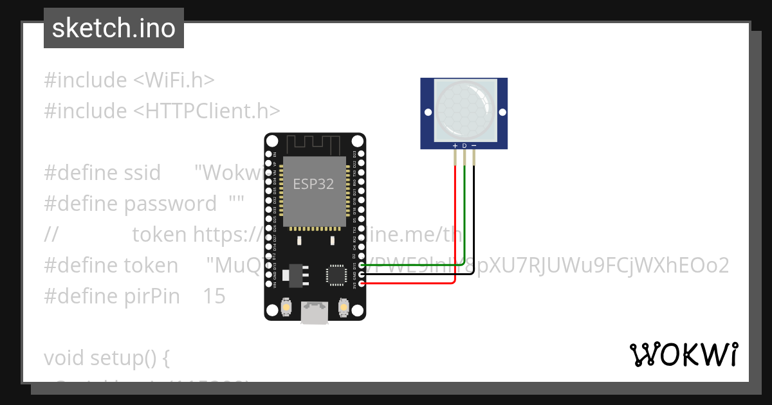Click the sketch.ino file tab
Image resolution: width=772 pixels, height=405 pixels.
pyautogui.click(x=114, y=28)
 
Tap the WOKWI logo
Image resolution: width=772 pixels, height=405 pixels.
pyautogui.click(x=683, y=355)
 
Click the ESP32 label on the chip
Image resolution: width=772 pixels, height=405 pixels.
pyautogui.click(x=313, y=184)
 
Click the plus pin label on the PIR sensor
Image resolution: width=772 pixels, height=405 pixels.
pyautogui.click(x=455, y=146)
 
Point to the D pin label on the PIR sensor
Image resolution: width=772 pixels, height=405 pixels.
pyautogui.click(x=464, y=146)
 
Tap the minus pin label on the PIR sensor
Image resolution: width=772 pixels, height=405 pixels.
pyautogui.click(x=474, y=146)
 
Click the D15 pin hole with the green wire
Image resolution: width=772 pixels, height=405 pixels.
pyautogui.click(x=362, y=264)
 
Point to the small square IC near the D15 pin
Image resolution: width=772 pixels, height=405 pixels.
pyautogui.click(x=336, y=274)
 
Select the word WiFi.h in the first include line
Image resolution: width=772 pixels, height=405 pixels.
pyautogui.click(x=174, y=80)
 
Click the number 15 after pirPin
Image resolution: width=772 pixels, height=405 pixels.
pyautogui.click(x=214, y=296)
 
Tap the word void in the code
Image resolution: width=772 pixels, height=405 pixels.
pyautogui.click(x=65, y=357)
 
